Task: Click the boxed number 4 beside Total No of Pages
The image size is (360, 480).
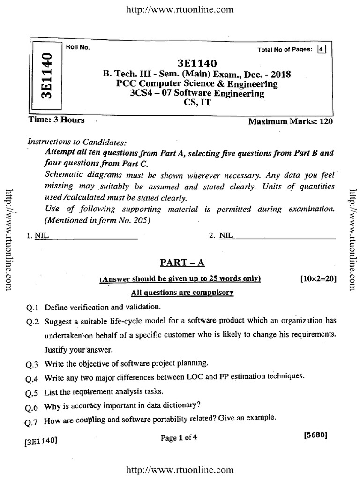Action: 321,49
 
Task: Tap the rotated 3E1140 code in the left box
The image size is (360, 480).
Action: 46,76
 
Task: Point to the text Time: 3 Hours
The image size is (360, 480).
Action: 57,120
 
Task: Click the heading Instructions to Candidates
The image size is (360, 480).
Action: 77,142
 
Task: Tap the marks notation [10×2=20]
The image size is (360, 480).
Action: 318,279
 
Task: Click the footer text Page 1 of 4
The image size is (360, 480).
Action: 179,438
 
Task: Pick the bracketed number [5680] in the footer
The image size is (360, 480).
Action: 315,435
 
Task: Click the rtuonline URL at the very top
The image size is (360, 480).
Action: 180,9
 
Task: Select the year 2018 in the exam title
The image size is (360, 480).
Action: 280,75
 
